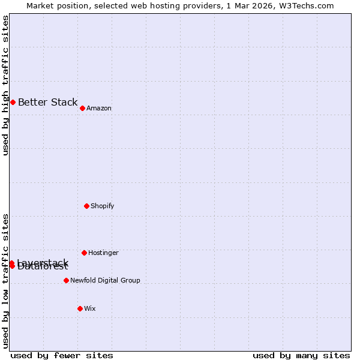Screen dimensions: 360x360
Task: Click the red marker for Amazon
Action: point(82,108)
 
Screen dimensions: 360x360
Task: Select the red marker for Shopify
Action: point(86,206)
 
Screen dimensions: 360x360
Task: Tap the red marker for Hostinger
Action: point(84,253)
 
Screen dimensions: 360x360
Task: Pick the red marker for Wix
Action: point(80,308)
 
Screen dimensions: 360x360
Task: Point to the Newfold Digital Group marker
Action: point(66,280)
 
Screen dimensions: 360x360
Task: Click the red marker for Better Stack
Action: point(13,102)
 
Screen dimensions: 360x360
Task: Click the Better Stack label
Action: point(47,102)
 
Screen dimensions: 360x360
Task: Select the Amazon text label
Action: point(99,108)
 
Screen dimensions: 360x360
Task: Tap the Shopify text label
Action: point(102,206)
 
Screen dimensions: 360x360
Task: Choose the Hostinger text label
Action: point(103,253)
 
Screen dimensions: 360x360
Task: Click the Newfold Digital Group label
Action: point(105,280)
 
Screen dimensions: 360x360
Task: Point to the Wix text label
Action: point(89,308)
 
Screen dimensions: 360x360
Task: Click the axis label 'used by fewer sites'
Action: point(62,355)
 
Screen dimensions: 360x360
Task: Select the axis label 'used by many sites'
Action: point(301,355)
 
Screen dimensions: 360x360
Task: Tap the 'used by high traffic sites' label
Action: point(5,85)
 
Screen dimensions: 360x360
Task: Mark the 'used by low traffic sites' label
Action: point(5,281)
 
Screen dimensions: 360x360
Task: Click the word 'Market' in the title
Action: point(41,5)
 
